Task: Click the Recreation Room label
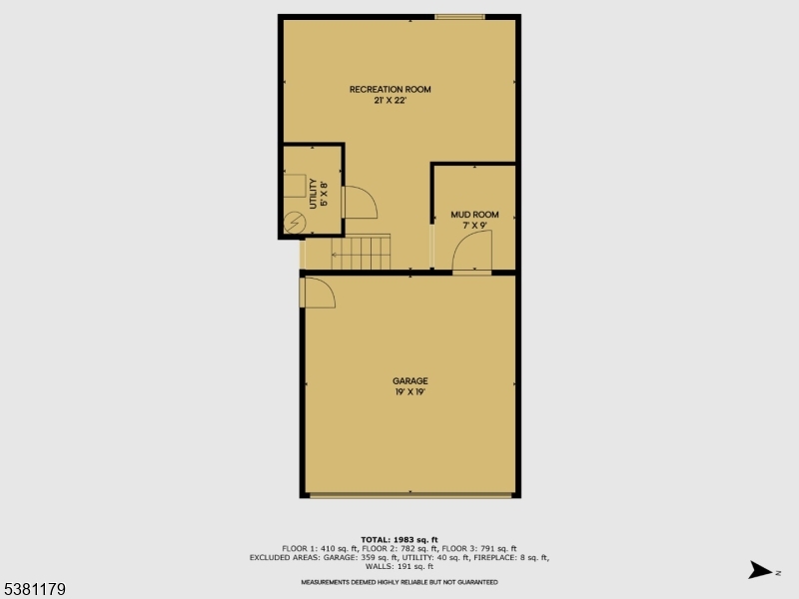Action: click(x=390, y=90)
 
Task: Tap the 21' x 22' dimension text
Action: click(x=390, y=101)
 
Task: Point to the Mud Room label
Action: click(x=474, y=215)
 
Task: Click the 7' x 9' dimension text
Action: click(x=474, y=227)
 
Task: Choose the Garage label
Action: click(x=409, y=381)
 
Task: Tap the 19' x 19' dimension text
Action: click(x=409, y=392)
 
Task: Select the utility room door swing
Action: click(x=359, y=203)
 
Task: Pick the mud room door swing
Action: click(x=472, y=258)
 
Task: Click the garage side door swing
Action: click(x=319, y=293)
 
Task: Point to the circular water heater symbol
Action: click(x=294, y=223)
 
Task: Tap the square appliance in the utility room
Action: click(x=294, y=185)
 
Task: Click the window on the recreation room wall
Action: click(x=459, y=16)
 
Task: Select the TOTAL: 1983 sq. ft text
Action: click(x=399, y=539)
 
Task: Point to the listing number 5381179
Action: click(x=35, y=590)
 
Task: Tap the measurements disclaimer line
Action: click(x=399, y=582)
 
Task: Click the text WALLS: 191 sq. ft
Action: click(x=399, y=566)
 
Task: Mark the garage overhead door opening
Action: click(x=409, y=495)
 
